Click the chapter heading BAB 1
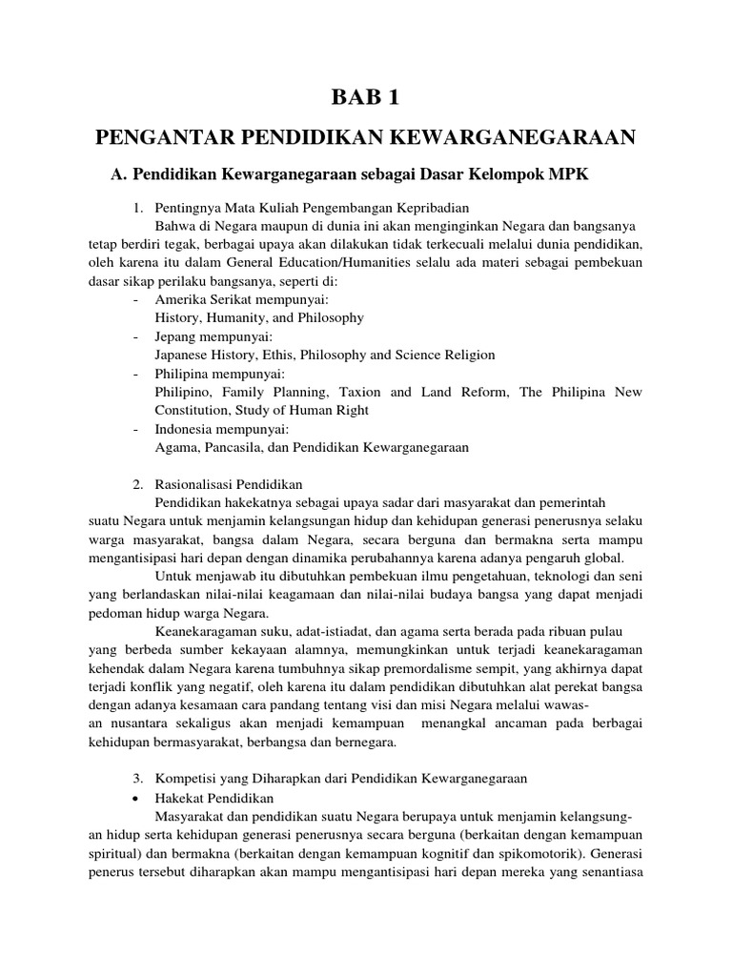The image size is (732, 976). tap(366, 98)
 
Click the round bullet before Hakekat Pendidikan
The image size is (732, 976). tap(139, 796)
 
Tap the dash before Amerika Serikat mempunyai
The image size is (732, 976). tap(137, 299)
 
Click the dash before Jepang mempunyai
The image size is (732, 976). tap(137, 336)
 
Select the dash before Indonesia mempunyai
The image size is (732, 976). tap(137, 429)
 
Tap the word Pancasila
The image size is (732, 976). tap(234, 447)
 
